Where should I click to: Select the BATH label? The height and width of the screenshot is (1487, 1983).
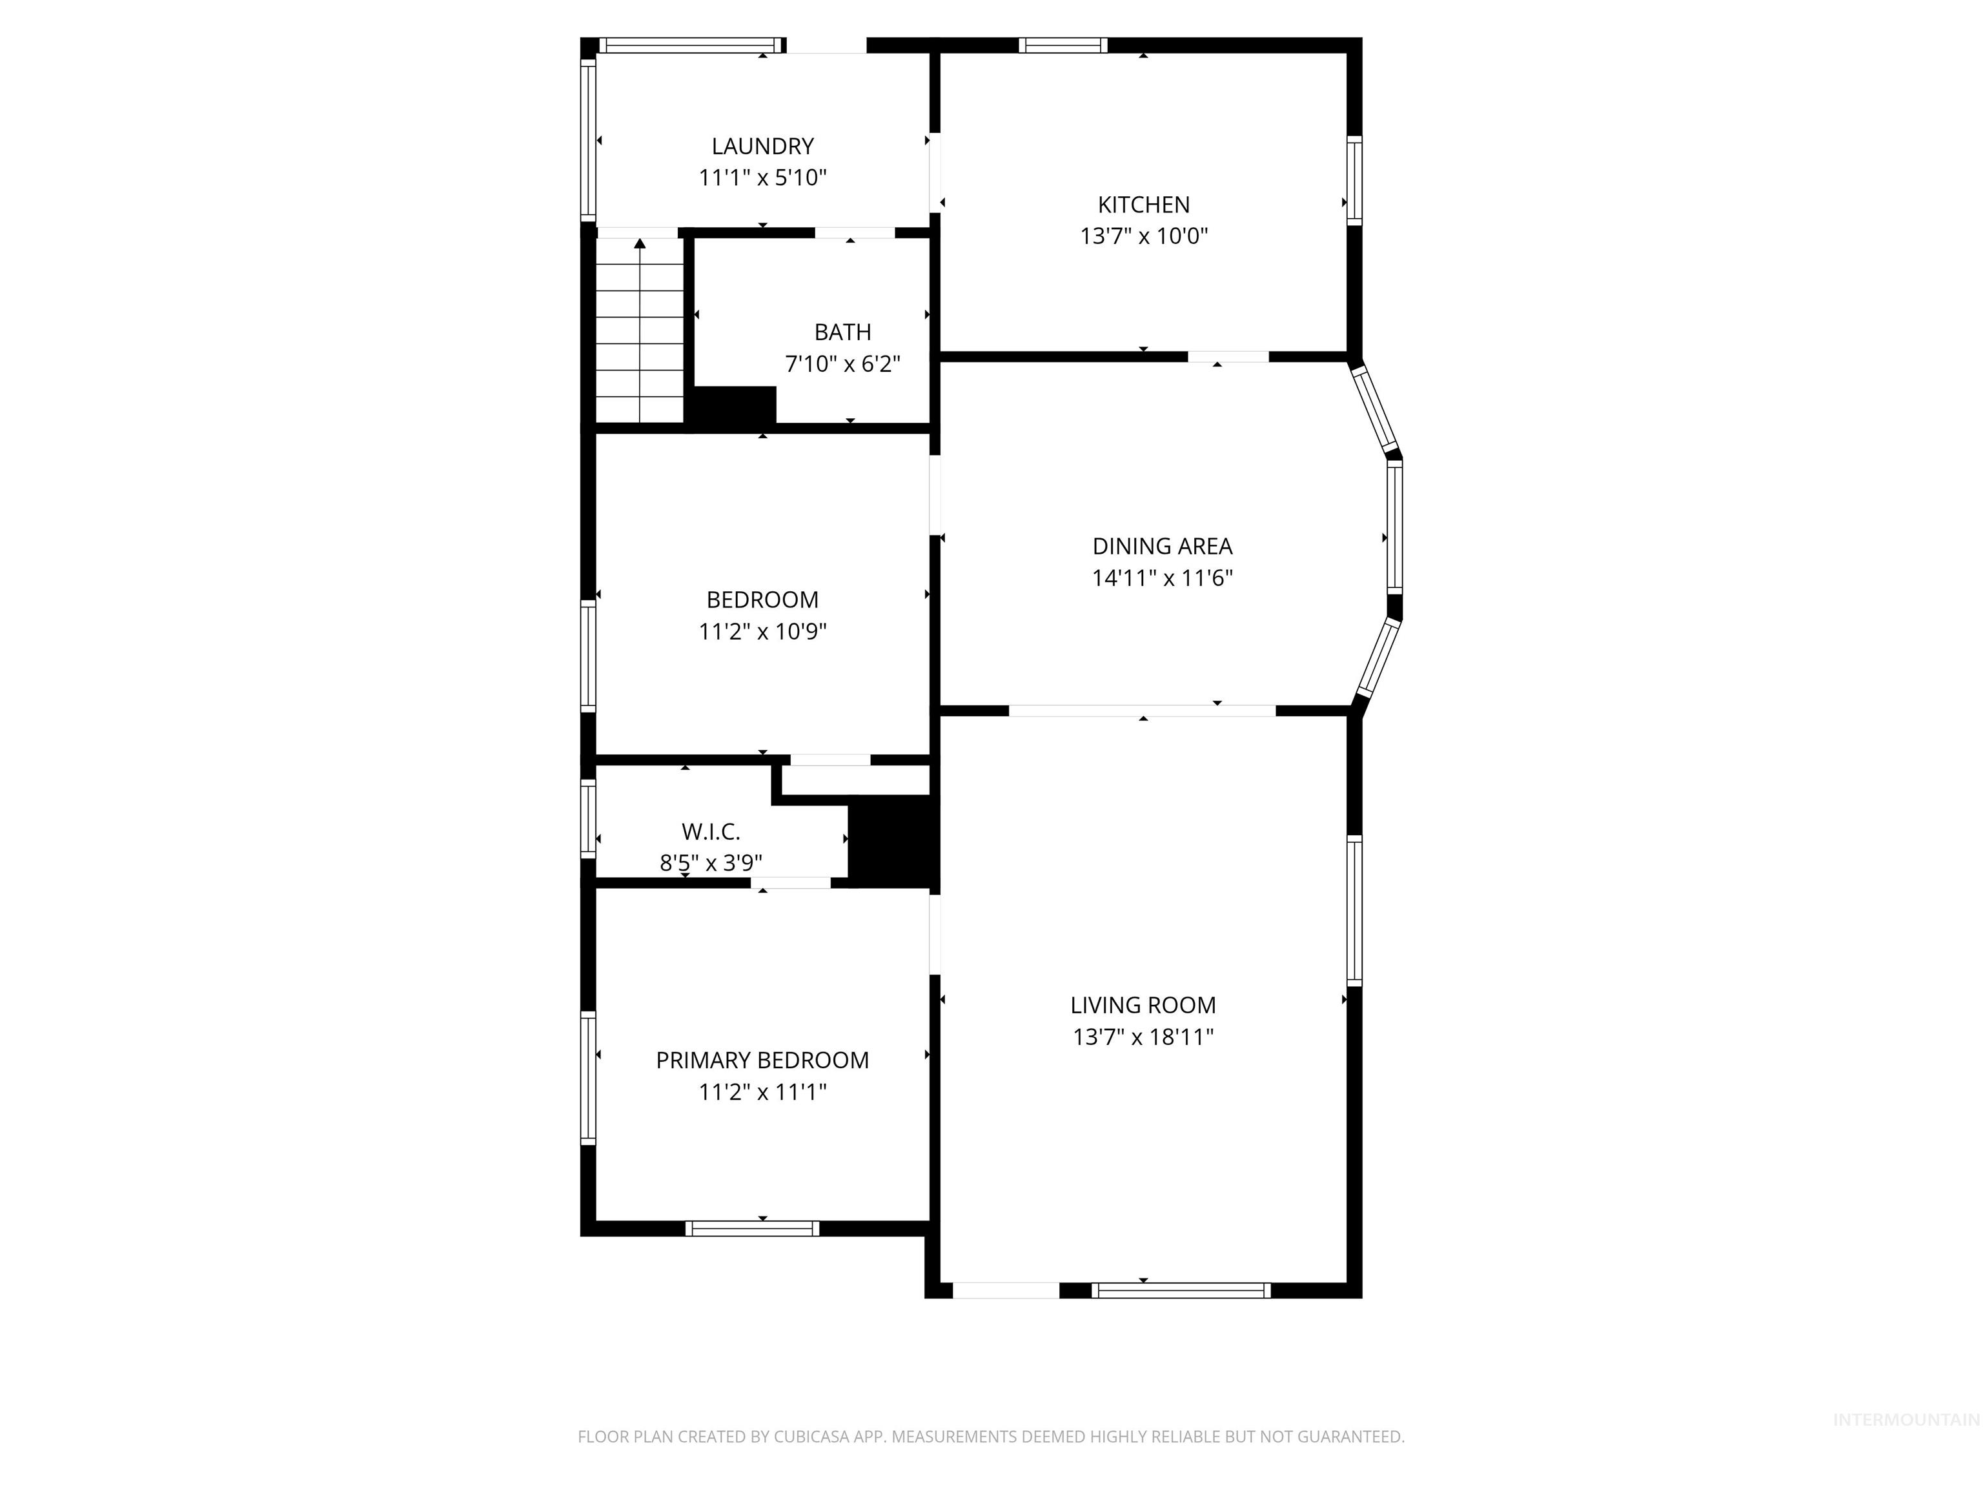pyautogui.click(x=842, y=332)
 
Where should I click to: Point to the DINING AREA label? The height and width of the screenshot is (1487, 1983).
pyautogui.click(x=1162, y=546)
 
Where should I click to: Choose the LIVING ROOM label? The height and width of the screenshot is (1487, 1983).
pyautogui.click(x=1143, y=1006)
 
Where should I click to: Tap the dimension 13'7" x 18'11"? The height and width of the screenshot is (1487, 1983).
pyautogui.click(x=1143, y=1037)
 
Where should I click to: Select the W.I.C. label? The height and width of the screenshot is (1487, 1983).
pyautogui.click(x=711, y=832)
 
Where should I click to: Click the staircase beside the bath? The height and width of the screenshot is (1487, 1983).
pyautogui.click(x=640, y=332)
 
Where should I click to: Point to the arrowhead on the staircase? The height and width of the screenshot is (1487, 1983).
pyautogui.click(x=640, y=244)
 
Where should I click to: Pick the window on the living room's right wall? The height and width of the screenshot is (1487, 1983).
pyautogui.click(x=1354, y=911)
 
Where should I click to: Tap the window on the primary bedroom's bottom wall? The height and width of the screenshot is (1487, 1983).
pyautogui.click(x=752, y=1228)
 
